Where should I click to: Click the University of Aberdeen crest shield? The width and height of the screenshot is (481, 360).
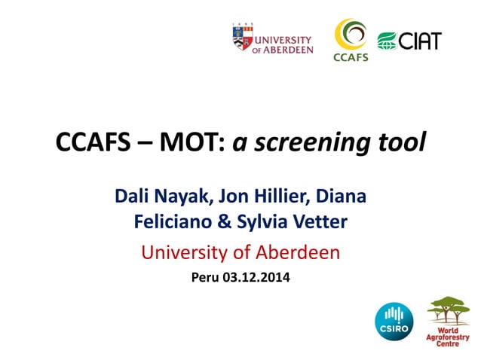(240, 38)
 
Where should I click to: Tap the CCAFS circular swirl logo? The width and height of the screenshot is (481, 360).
(351, 33)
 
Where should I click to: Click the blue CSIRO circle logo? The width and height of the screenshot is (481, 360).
(394, 319)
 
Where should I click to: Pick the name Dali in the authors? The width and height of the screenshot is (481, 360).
(134, 197)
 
